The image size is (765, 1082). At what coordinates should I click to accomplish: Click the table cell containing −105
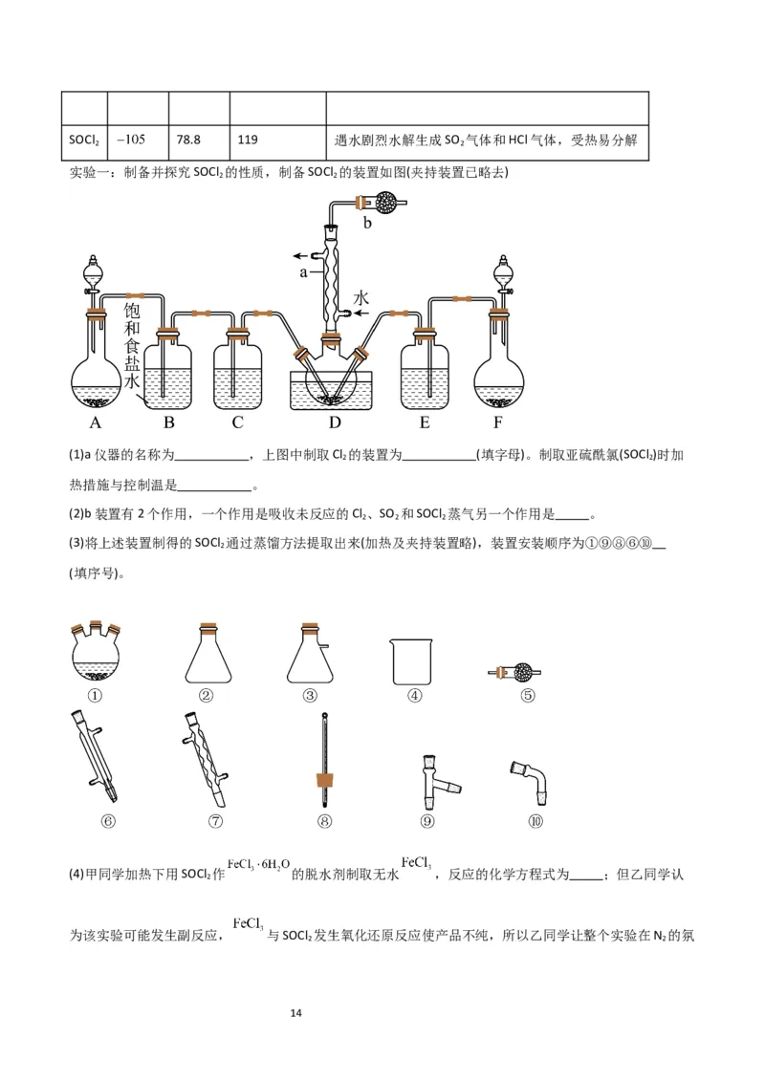pos(136,140)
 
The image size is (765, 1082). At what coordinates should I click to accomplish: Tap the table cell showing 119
pos(277,140)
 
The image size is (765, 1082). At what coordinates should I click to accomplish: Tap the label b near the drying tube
pos(367,223)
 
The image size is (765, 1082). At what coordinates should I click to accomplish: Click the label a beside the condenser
pos(303,271)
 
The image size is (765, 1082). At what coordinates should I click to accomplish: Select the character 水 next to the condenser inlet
pos(361,298)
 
